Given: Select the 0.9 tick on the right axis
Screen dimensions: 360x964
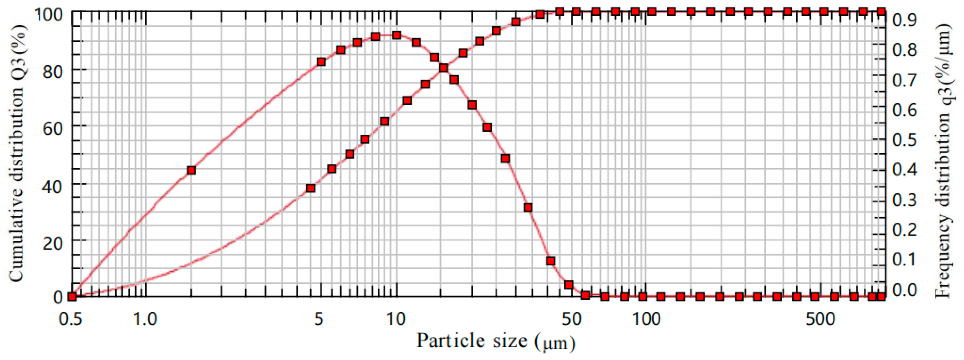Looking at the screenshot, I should pos(904,20).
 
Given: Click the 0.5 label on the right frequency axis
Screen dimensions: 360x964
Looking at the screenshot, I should pos(904,139).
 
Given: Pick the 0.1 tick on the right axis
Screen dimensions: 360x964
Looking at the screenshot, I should pos(904,259).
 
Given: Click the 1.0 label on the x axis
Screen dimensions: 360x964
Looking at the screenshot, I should pos(145,319).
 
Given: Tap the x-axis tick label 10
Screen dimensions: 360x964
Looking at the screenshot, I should pos(396,319).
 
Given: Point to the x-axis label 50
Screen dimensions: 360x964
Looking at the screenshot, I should pos(571,319).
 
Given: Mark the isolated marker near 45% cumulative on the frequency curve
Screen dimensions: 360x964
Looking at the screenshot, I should pos(191,170).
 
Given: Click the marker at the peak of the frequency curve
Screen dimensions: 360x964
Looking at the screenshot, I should pos(397,35).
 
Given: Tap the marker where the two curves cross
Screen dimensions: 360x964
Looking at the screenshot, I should pos(443,68).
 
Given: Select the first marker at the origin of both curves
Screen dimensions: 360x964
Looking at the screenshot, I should pos(72,296).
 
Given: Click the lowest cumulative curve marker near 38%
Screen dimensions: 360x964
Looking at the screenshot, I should pos(310,188).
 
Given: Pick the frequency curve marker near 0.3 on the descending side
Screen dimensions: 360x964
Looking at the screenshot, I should pos(528,207).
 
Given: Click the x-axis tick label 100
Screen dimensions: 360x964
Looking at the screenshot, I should pos(646,319).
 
